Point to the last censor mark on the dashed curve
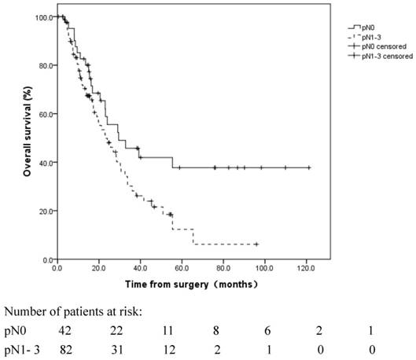(x=256, y=244)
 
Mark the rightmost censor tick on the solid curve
(x=308, y=167)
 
